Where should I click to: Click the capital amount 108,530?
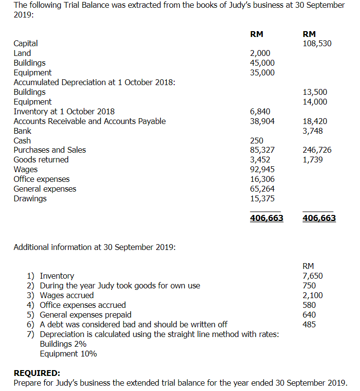317,44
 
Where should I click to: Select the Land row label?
22,53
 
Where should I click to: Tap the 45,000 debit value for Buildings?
262,63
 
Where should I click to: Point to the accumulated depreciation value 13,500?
315,92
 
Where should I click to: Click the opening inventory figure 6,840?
260,111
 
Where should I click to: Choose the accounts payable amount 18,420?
315,121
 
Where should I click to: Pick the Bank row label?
22,131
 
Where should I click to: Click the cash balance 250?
256,141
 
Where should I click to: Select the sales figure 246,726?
317,150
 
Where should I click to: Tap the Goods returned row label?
41,160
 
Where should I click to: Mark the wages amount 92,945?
262,169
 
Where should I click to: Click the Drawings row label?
30,198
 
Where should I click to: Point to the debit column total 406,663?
267,218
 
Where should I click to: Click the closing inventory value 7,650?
312,276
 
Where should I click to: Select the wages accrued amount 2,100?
312,295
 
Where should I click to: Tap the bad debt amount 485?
309,324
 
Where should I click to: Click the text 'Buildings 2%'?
63,344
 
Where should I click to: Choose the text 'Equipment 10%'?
68,354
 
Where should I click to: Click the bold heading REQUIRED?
37,373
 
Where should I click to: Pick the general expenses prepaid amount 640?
309,315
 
